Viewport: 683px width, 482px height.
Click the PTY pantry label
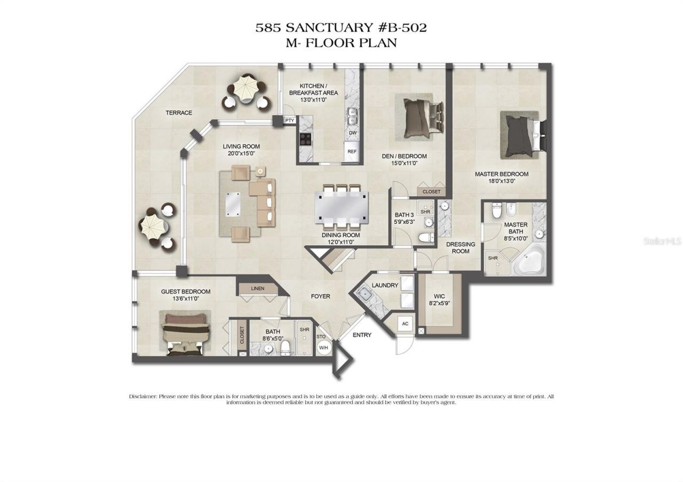pos(290,120)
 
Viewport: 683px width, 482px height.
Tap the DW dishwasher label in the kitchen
pos(352,133)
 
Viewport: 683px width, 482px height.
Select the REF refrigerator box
pos(352,151)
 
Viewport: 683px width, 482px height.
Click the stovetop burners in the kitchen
pos(306,139)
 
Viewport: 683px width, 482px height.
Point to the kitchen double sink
pos(352,113)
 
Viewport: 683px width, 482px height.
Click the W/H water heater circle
pos(324,348)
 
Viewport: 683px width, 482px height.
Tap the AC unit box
pos(405,324)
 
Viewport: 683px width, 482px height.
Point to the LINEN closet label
pos(258,288)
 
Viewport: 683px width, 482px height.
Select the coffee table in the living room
pos(233,203)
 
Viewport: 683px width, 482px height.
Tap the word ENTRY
pos(362,335)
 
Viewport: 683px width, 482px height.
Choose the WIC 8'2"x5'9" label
pos(440,300)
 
